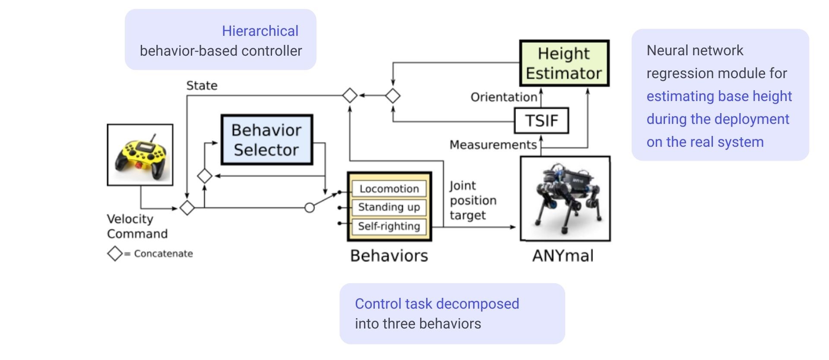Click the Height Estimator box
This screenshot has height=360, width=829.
(564, 63)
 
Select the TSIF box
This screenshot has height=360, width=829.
(541, 121)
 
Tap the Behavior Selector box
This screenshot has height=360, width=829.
(266, 140)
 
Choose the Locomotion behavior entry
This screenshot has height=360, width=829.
(389, 189)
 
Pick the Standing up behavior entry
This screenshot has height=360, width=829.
(389, 207)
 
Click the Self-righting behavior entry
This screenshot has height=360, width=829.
(389, 226)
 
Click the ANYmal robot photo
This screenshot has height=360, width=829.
(565, 199)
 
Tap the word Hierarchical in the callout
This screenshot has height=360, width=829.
(260, 31)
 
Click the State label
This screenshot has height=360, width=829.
(202, 85)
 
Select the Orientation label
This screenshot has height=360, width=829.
(503, 97)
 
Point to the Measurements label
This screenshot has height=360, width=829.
(493, 145)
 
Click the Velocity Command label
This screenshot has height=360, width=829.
(137, 226)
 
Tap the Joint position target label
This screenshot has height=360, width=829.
(473, 200)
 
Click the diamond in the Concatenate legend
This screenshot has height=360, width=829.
(115, 253)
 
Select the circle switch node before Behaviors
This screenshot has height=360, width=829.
(310, 208)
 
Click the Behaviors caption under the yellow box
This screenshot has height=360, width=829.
(389, 256)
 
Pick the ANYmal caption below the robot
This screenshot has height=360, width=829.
(563, 256)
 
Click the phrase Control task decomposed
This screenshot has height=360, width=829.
(437, 304)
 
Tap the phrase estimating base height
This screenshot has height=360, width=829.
(719, 96)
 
